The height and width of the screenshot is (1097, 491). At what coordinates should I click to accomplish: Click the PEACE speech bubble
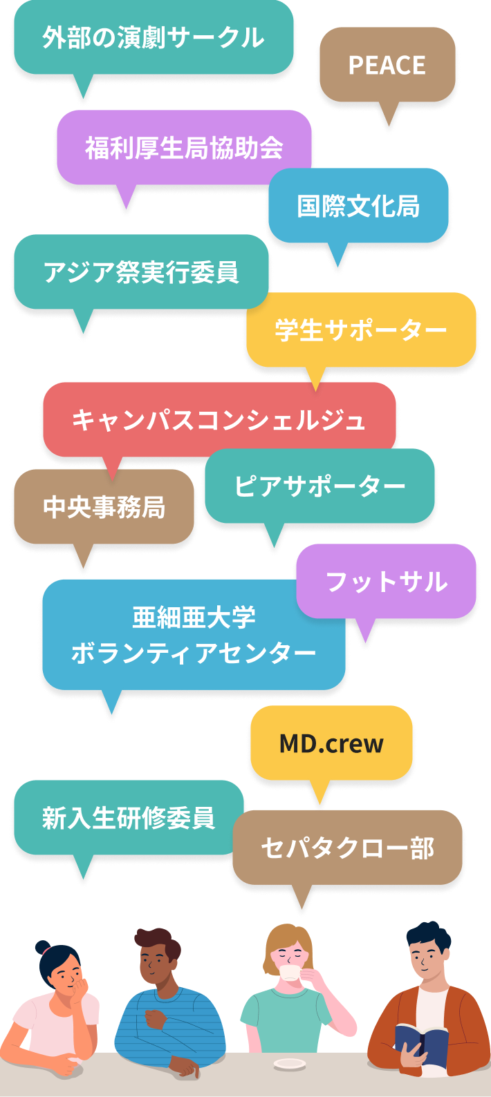point(387,65)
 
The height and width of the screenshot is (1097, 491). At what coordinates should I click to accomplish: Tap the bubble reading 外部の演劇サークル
point(154,37)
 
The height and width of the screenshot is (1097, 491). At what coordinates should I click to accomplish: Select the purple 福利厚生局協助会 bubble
point(184,148)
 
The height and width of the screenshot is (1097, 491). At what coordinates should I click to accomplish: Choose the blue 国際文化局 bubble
point(359,206)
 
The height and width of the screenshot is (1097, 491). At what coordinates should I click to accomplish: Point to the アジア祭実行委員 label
point(141,272)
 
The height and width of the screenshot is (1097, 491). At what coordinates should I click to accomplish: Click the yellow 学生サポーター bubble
point(361,330)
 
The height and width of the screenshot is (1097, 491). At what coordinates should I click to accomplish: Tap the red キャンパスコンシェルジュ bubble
point(219,420)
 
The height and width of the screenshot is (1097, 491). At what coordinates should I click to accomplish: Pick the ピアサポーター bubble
point(319,486)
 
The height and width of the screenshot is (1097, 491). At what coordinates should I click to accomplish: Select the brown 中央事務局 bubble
point(104,507)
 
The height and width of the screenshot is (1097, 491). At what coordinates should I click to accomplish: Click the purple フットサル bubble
point(387,582)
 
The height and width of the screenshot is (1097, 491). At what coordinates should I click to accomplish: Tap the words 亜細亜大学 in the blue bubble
point(194,618)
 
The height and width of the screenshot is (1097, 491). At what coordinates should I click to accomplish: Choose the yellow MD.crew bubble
point(331,743)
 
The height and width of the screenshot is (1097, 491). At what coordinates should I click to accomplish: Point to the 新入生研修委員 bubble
point(129,818)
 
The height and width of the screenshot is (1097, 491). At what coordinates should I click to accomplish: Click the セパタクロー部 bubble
point(347,848)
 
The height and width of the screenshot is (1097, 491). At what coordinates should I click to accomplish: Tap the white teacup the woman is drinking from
point(290,973)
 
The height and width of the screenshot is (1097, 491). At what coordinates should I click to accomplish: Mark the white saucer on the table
point(290,1063)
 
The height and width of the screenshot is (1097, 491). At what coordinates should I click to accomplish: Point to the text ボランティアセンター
point(194,653)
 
